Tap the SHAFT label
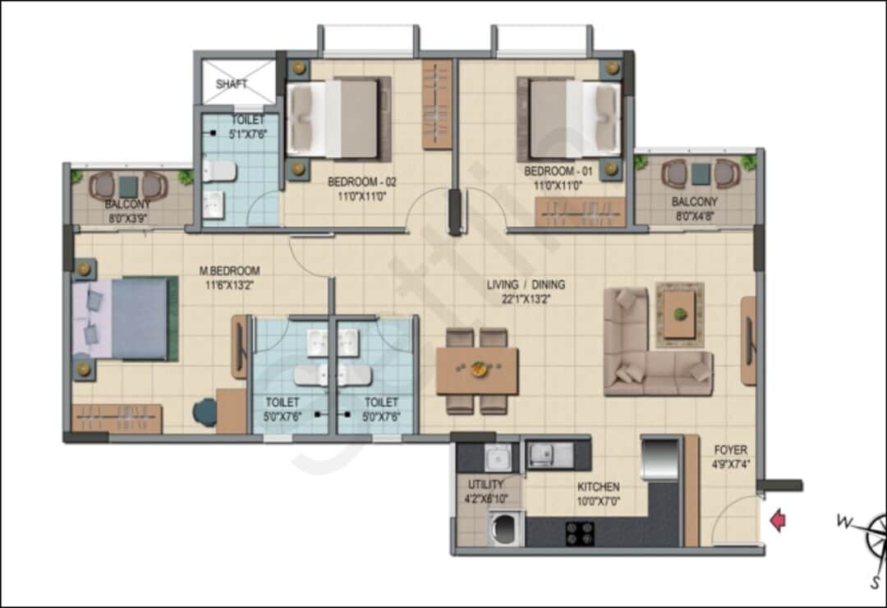[232, 84]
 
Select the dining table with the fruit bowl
[477, 371]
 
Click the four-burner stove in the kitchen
[580, 532]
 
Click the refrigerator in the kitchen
[660, 458]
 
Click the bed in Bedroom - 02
[338, 118]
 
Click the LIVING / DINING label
[526, 285]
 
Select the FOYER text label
[730, 450]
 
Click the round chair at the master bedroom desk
[205, 412]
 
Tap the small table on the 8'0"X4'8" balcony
[701, 174]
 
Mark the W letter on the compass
[843, 521]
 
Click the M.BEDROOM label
[230, 270]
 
